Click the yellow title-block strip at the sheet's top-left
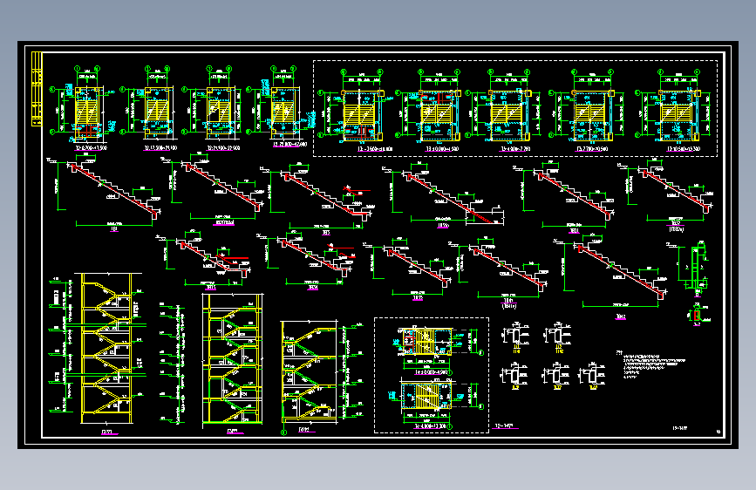(x=37, y=90)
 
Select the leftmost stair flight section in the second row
(x=208, y=257)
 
